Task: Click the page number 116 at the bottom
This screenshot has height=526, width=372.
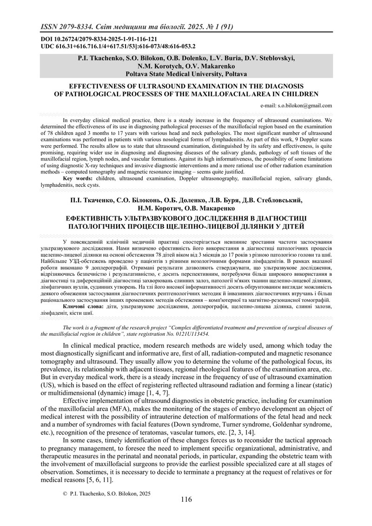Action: click(186, 499)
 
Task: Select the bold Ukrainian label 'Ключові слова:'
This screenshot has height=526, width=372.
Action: click(83, 307)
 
